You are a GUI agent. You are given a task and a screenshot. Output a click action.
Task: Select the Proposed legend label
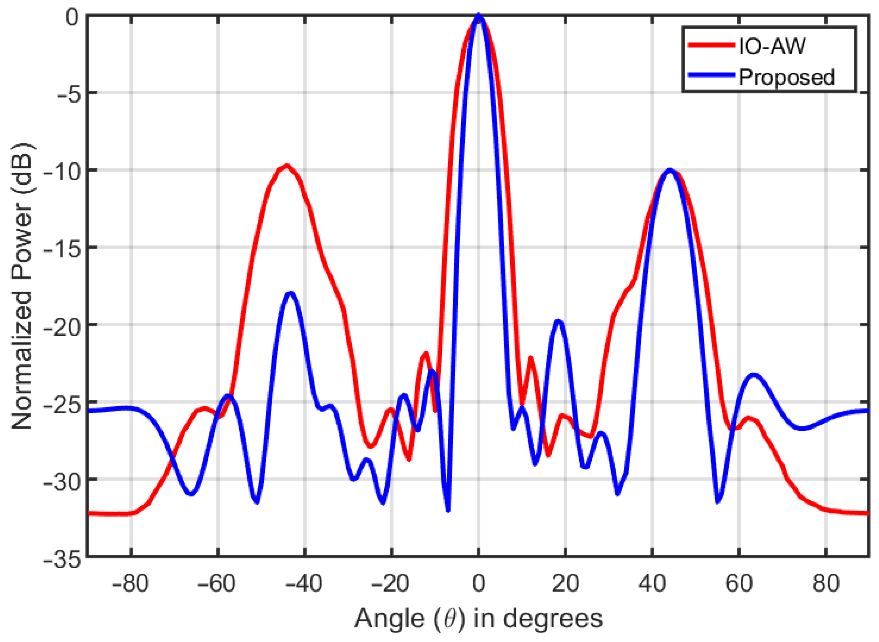pos(786,77)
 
